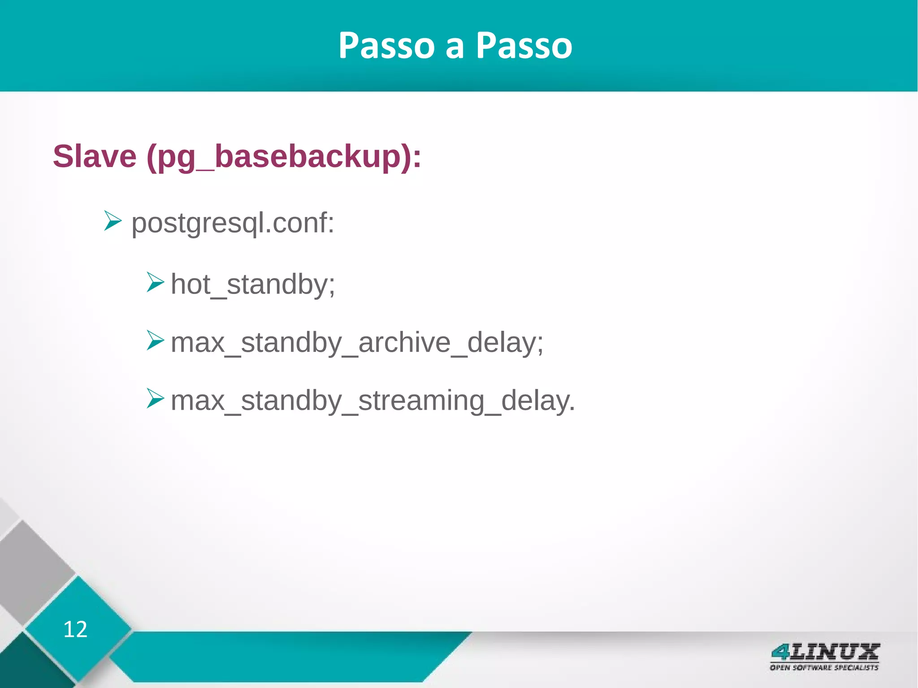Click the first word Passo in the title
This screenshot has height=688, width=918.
coord(386,46)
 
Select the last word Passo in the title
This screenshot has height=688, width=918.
coord(524,46)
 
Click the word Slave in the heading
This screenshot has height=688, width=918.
coord(95,156)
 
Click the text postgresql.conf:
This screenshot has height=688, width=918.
coord(233,223)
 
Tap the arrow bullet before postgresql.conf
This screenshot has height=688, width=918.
coord(113,221)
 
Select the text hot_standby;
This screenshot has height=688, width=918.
coord(253,284)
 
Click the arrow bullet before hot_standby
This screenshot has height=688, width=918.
coord(155,283)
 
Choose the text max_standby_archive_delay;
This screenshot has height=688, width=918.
coord(357,343)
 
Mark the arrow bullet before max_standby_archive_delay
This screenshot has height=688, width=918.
coord(155,341)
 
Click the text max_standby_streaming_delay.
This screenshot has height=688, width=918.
coord(372,401)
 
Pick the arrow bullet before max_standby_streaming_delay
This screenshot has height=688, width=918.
coord(155,398)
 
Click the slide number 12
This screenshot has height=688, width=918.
coord(75,629)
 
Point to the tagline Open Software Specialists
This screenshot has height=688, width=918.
coord(824,667)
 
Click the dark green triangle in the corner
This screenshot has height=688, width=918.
coord(27,668)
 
